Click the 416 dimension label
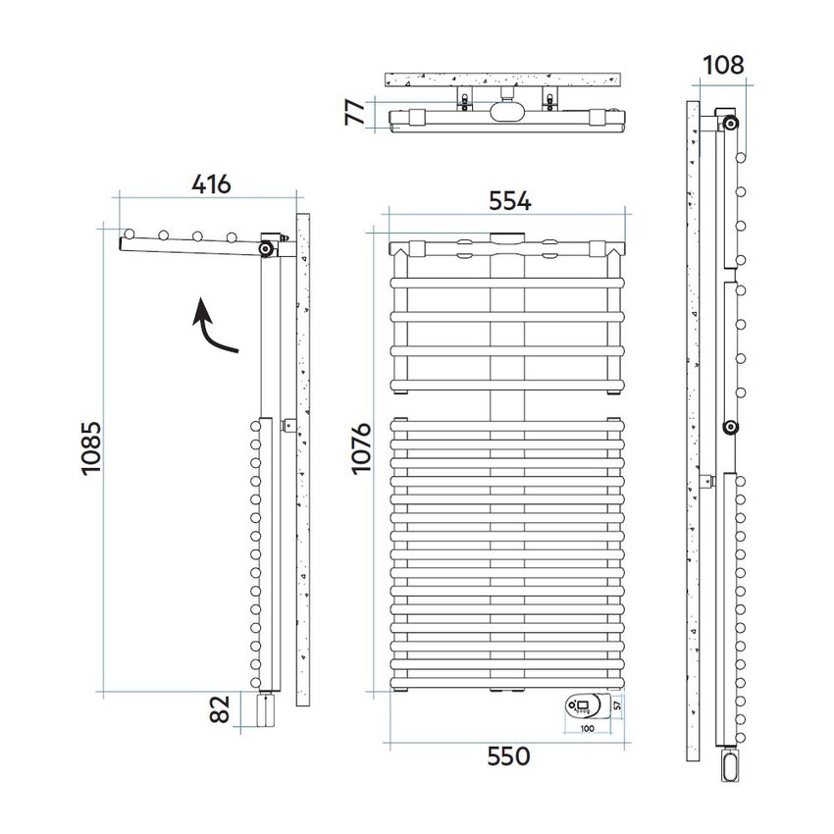coord(211,184)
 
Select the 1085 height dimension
coord(91,447)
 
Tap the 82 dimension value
coord(219,709)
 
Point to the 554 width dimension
coord(509,201)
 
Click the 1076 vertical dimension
coord(361,447)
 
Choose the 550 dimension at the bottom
coord(508,756)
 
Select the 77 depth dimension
coord(355,112)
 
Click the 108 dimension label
coord(723,66)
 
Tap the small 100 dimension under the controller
coord(587,728)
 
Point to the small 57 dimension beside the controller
coord(617,705)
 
